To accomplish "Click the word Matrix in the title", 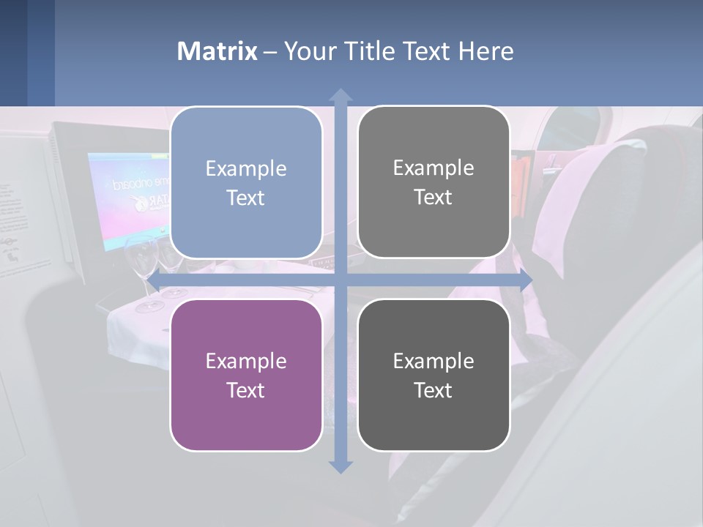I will pos(217,51).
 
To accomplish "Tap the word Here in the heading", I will pos(486,51).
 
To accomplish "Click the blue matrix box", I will pos(246,183).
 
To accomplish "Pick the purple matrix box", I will pos(246,375).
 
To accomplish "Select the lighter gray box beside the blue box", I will pos(434,182).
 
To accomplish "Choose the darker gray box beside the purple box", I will pos(434,375).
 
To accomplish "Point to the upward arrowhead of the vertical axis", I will pos(340,96).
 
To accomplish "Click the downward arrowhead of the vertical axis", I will pos(340,466).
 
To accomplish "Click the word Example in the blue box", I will pos(246,168).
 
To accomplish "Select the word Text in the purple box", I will pos(246,390).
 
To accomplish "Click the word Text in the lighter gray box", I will pos(434,198).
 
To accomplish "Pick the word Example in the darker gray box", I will pos(434,361).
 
